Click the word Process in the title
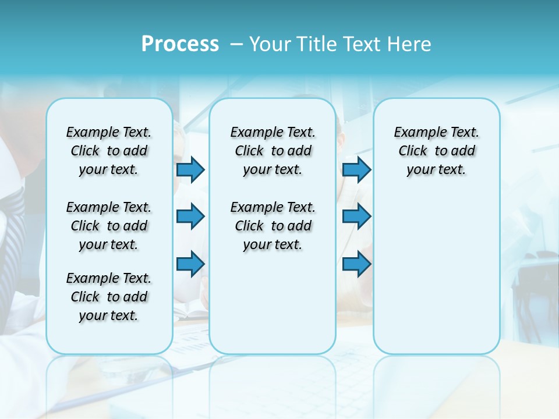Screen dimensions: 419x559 [x=180, y=44]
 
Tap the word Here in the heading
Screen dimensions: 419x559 [x=409, y=44]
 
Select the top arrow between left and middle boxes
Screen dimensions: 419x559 [x=190, y=170]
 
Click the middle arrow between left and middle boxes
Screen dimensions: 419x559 [x=190, y=217]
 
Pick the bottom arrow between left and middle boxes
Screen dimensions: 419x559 [x=190, y=264]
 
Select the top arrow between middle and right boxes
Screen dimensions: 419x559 [x=356, y=170]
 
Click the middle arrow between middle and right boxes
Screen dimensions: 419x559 [x=356, y=217]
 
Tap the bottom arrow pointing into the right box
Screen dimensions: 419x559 [x=356, y=264]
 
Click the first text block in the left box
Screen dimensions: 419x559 [x=109, y=151]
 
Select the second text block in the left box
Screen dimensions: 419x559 [x=109, y=226]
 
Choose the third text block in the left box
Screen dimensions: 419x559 [x=109, y=297]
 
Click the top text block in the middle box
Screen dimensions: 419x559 [x=273, y=151]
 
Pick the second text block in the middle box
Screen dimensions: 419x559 [x=273, y=226]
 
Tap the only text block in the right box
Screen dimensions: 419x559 [x=436, y=151]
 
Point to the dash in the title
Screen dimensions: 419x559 [x=236, y=45]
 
